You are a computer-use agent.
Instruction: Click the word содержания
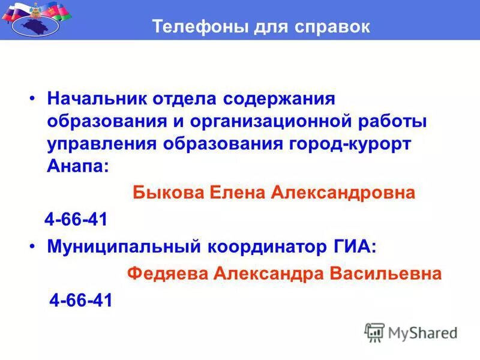pos(278,98)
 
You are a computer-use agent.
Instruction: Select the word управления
pos(102,145)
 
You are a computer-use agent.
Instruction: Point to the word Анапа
pos(76,167)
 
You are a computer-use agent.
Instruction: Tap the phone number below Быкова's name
pos(76,220)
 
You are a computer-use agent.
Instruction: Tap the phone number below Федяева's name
pos(80,300)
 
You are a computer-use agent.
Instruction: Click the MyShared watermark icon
pos(374,332)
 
